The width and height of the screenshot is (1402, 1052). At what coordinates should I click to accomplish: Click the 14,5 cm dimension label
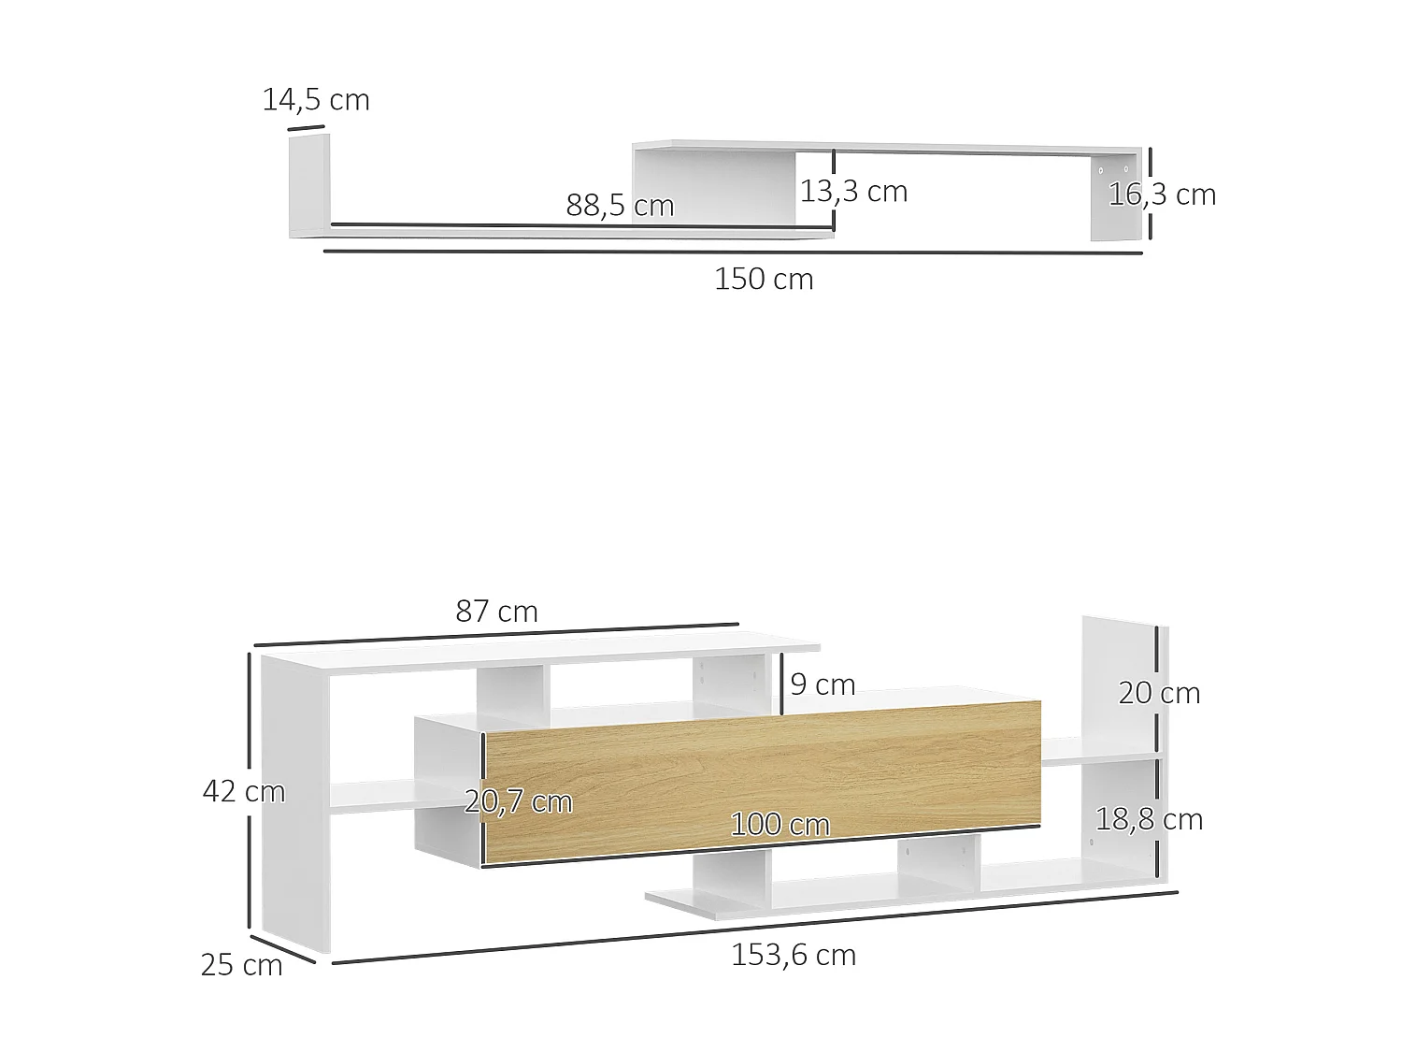316,100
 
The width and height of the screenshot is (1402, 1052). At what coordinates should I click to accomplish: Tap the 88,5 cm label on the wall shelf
620,206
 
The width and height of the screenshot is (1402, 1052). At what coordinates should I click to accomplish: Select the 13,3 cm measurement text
853,192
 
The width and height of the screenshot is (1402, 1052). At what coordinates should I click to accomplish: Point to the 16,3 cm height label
1162,195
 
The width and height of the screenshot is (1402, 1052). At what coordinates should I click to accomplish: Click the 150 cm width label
764,280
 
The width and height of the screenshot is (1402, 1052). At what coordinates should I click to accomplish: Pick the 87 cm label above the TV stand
496,612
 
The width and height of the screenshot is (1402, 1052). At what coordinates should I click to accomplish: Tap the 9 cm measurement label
823,685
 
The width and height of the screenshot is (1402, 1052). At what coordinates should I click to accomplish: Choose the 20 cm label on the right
1159,693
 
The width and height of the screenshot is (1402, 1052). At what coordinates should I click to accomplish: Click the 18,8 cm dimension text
1149,819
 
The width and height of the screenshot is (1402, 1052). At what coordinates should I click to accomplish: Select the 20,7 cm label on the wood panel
519,801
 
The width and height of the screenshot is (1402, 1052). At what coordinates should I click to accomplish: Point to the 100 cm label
780,825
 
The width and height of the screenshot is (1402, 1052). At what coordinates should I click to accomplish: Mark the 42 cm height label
244,791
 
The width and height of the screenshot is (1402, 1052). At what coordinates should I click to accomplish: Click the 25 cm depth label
241,965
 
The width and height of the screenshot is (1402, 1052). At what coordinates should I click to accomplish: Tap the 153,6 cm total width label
794,955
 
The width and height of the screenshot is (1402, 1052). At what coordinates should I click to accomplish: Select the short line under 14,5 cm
306,127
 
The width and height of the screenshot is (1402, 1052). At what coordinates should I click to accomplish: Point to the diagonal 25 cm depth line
282,947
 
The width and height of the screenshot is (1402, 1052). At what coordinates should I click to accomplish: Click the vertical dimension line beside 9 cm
781,685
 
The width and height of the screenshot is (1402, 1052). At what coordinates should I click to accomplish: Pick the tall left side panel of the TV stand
293,804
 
